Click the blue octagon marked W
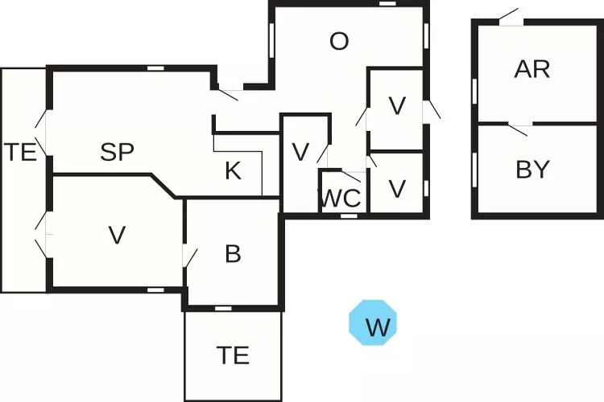click(x=374, y=323)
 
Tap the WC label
click(x=341, y=199)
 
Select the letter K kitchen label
click(x=233, y=170)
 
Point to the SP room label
click(x=118, y=152)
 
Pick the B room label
click(x=233, y=254)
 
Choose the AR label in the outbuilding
click(x=532, y=69)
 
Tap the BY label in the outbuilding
click(x=532, y=170)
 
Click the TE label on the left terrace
click(x=21, y=152)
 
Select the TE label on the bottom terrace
click(x=233, y=355)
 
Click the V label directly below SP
click(x=118, y=235)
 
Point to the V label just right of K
click(x=300, y=152)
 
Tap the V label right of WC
click(x=396, y=188)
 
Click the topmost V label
click(x=396, y=105)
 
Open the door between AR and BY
click(x=519, y=127)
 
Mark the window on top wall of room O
click(x=387, y=4)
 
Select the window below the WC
click(x=349, y=215)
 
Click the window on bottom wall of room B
click(x=223, y=309)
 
